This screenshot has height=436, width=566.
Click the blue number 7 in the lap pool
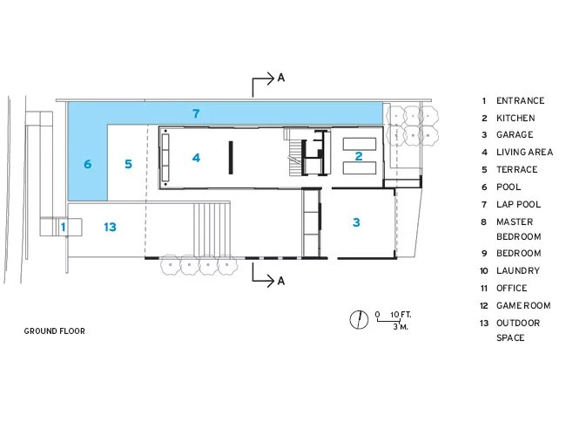(196, 113)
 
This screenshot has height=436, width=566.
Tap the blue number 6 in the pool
(88, 164)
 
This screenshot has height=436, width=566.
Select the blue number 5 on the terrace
(128, 164)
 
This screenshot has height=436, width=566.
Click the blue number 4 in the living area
(196, 158)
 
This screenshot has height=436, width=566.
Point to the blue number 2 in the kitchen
(359, 156)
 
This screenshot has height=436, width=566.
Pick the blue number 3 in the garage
(356, 222)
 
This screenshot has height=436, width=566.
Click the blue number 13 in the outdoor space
(110, 227)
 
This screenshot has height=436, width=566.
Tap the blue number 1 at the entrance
(64, 227)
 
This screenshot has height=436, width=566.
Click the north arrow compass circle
(359, 320)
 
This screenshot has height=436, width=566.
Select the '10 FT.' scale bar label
(401, 315)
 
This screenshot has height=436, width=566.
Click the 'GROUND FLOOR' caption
(55, 331)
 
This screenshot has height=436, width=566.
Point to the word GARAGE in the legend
(515, 135)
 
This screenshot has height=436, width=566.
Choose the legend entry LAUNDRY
(518, 271)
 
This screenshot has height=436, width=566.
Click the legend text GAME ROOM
(523, 305)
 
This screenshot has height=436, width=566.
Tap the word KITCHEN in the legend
(515, 119)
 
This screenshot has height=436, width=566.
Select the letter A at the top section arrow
(281, 78)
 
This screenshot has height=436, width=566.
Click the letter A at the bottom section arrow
(281, 281)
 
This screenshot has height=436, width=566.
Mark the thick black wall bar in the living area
(231, 158)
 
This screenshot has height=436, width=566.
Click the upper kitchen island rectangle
(360, 144)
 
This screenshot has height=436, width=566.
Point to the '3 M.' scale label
(401, 327)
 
